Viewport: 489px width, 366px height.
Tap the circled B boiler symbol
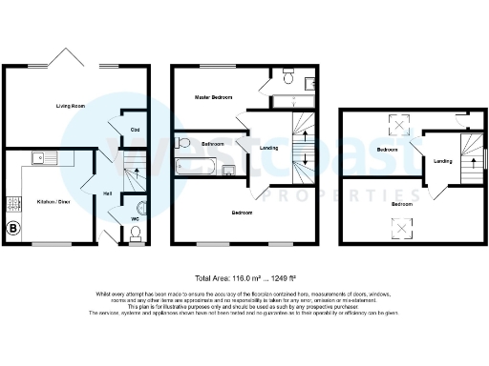(x=13, y=229)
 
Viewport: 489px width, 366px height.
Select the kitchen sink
(x=43, y=157)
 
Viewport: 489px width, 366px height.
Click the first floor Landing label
(x=270, y=147)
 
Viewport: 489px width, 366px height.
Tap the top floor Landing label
(x=443, y=161)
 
